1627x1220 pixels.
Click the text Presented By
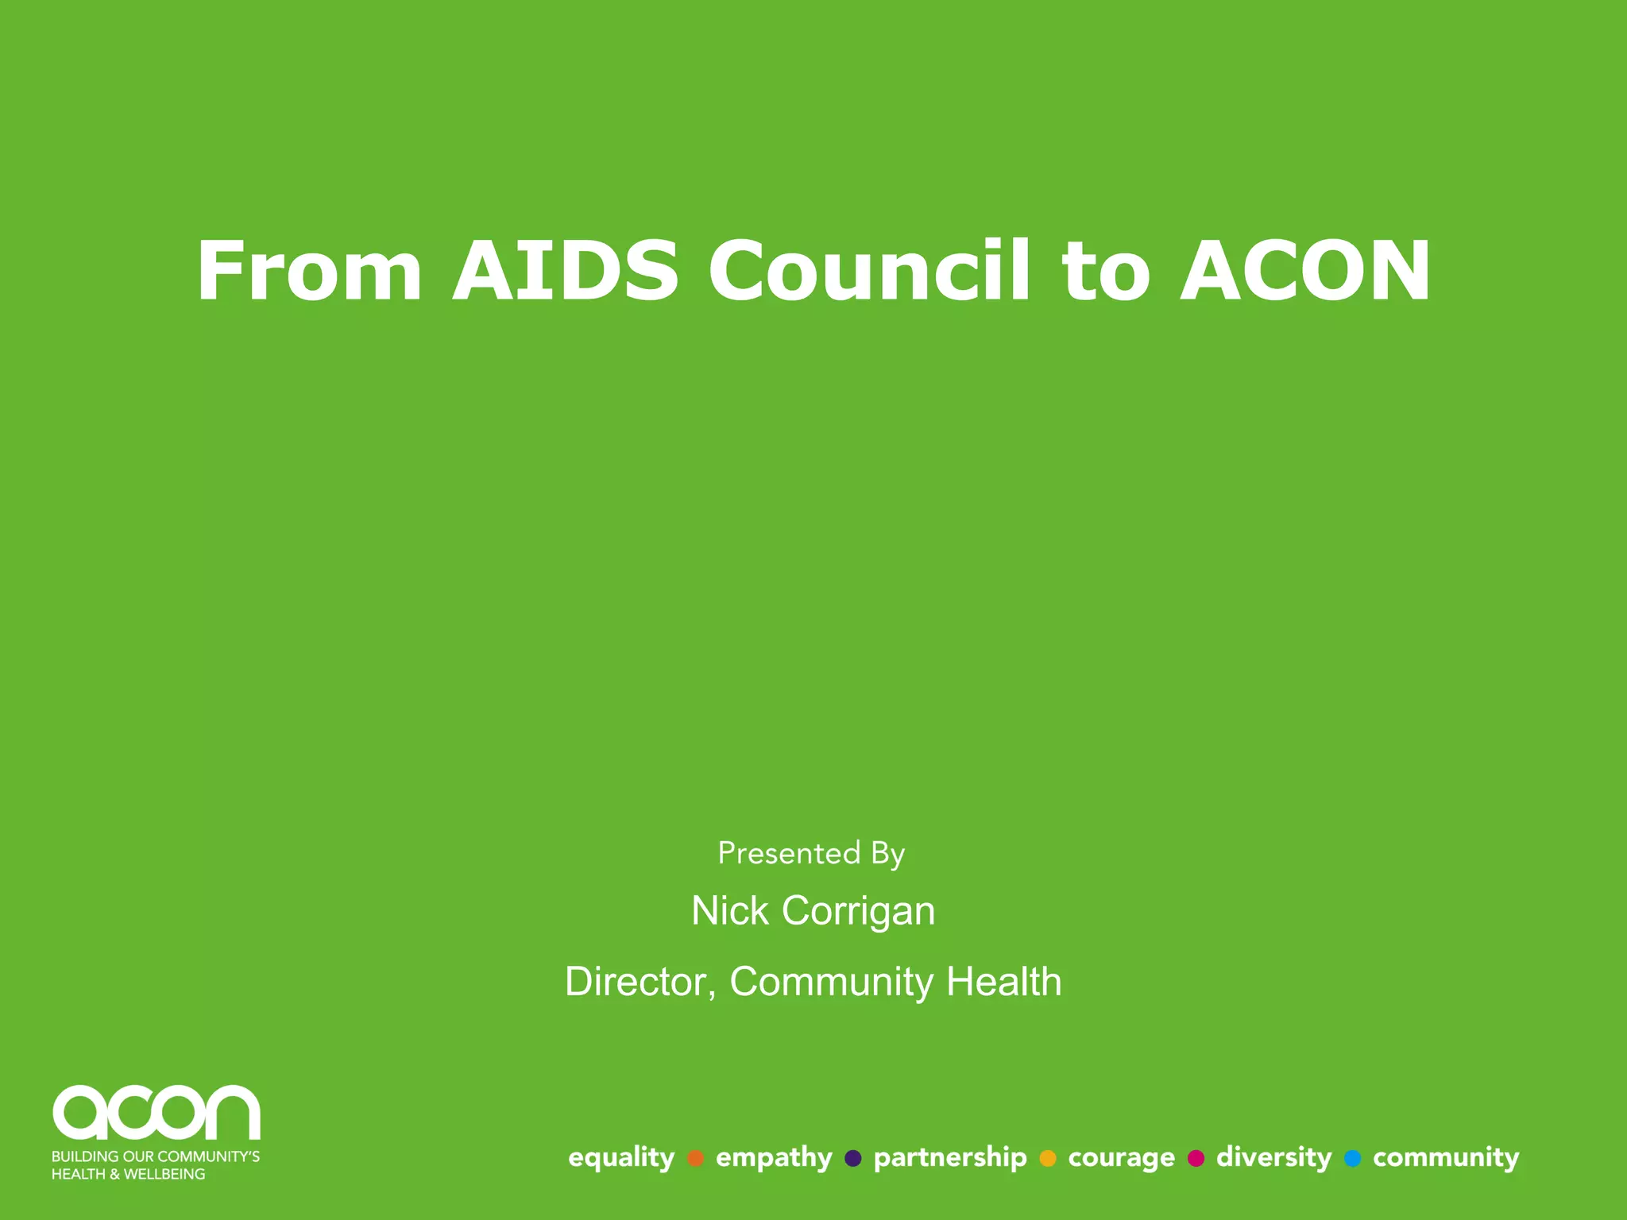(811, 854)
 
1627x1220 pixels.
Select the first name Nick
(729, 910)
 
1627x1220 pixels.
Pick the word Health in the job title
(1003, 982)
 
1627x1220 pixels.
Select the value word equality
(621, 1158)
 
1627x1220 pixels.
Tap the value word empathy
(774, 1158)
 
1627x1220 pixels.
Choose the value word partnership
(950, 1158)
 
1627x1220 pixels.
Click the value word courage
(1121, 1158)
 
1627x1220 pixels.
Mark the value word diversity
(1273, 1158)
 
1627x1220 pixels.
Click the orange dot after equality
(696, 1158)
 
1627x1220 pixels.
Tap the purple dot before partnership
(853, 1158)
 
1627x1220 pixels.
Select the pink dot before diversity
(1196, 1158)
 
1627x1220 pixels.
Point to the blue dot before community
(1352, 1158)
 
